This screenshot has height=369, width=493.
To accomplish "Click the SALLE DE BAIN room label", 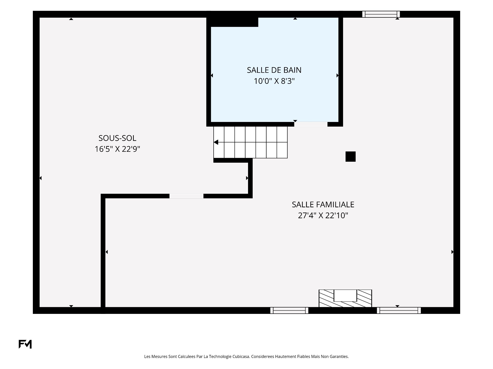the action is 274,70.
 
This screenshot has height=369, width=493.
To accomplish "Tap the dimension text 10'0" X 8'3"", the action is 274,81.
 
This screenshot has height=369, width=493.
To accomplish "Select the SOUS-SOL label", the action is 117,138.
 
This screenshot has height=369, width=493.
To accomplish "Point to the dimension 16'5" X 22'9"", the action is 117,149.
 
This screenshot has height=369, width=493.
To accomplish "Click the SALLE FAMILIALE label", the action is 323,204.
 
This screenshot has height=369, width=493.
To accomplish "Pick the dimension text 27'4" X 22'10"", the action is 323,216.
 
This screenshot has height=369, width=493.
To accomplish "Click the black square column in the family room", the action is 350,157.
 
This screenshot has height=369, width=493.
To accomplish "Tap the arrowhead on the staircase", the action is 216,142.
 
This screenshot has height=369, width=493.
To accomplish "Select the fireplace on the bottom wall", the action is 345,298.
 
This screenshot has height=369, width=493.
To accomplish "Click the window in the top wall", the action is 381,14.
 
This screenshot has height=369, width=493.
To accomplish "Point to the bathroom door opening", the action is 311,124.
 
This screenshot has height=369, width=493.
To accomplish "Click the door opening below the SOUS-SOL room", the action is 186,196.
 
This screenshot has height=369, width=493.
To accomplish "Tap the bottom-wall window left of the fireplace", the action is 289,310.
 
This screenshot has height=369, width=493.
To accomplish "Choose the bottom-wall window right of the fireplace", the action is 399,310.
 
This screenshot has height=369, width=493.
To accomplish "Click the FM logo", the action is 25,344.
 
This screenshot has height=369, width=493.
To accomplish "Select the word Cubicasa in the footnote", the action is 241,356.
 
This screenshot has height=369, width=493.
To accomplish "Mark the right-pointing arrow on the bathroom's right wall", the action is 337,75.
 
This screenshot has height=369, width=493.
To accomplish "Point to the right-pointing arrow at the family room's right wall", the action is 452,252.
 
